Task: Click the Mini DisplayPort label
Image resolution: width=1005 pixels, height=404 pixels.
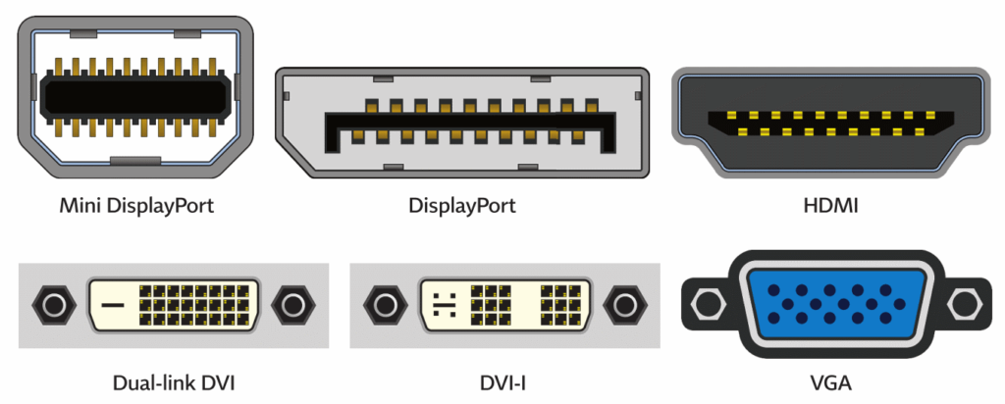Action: [136, 206]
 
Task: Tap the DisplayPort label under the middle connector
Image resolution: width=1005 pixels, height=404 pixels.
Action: [462, 206]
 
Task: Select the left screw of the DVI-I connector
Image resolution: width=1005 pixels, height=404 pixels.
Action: [381, 307]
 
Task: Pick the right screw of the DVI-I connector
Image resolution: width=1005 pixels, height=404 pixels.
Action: [621, 307]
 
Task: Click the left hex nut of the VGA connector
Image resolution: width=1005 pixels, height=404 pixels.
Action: [706, 304]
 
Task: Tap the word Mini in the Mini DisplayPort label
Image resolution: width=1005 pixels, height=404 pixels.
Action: [80, 206]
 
